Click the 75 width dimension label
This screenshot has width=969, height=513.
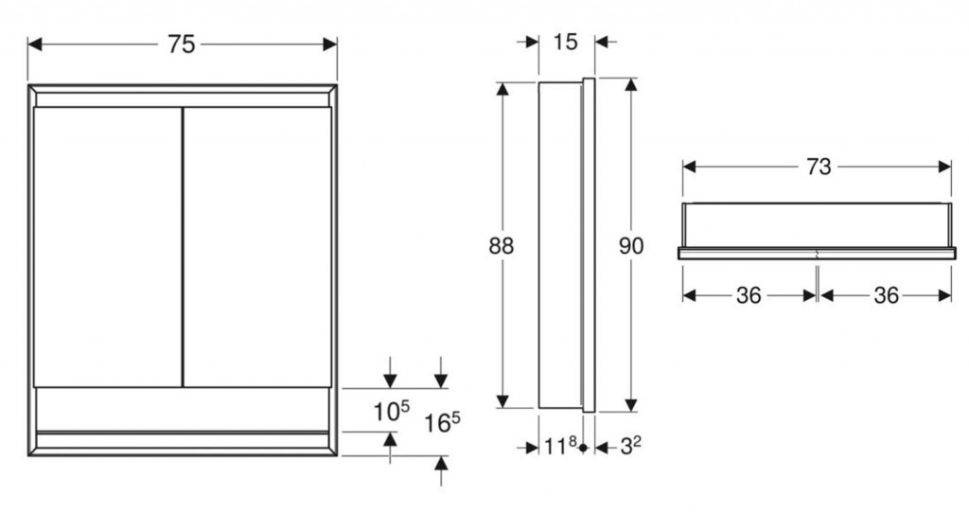coord(181,44)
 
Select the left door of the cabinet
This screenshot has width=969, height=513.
coord(108,247)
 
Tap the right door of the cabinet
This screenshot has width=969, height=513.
coord(257,247)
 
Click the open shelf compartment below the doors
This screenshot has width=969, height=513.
coord(183,409)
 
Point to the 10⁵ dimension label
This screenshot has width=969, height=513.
coord(391,411)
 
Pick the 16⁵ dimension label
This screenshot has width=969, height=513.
coord(442,423)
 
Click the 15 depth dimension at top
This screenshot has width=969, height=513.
coord(565,42)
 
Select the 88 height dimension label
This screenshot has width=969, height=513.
coord(502,246)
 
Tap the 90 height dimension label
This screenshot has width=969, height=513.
coord(631,246)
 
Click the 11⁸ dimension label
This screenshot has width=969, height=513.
coord(560,446)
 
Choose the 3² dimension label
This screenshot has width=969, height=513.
coord(630,446)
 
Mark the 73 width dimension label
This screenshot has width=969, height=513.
coord(819,167)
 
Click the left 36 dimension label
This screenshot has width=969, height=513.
coord(749,295)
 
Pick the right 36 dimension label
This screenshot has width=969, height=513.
coord(886,295)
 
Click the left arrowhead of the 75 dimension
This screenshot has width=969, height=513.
coord(35,44)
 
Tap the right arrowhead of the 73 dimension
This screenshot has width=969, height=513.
coord(944,167)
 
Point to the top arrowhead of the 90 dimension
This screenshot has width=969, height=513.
coord(630,84)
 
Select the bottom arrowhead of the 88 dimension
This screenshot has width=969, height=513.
coord(502,401)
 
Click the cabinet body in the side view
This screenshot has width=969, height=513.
coord(560,245)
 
